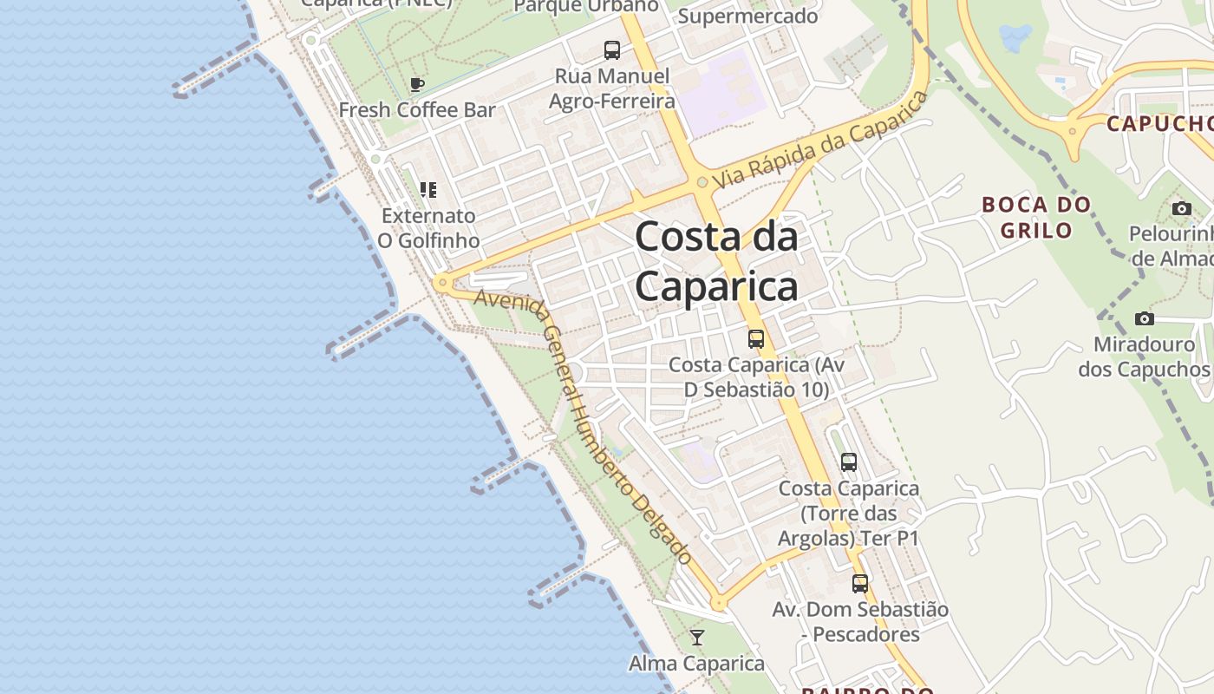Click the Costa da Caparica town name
(x=716, y=261)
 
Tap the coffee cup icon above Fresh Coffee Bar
(x=417, y=84)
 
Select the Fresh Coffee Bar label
(x=416, y=110)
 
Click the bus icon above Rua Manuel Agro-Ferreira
(x=612, y=50)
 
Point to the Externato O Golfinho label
(x=428, y=227)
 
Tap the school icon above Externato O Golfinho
(x=428, y=189)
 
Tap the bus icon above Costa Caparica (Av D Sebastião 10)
(x=756, y=339)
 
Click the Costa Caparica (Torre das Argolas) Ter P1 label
(x=848, y=513)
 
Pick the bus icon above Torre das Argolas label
(x=849, y=462)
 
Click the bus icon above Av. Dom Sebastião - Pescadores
(x=860, y=584)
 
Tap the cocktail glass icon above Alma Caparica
(x=696, y=638)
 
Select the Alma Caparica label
(x=696, y=664)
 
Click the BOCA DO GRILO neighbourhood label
(x=1036, y=217)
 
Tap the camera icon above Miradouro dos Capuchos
(x=1145, y=319)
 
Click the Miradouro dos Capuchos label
(x=1144, y=357)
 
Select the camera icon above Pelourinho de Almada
(x=1181, y=208)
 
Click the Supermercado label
(x=747, y=16)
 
